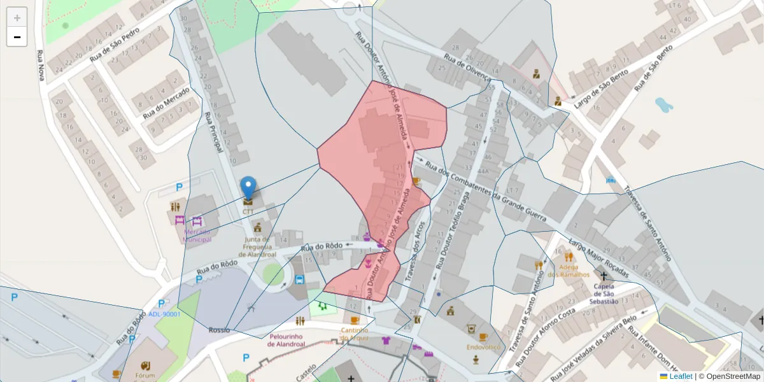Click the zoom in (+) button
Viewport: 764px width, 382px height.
[17, 17]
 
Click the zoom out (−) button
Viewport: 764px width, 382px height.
[17, 37]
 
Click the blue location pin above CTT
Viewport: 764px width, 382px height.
[248, 188]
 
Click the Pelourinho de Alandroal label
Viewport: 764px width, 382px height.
[286, 340]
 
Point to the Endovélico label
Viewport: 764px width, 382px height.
[484, 348]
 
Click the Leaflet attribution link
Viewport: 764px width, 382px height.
[681, 376]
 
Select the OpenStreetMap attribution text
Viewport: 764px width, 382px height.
[732, 376]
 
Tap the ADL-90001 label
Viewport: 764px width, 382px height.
[164, 314]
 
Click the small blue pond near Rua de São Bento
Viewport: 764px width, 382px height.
[663, 104]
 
